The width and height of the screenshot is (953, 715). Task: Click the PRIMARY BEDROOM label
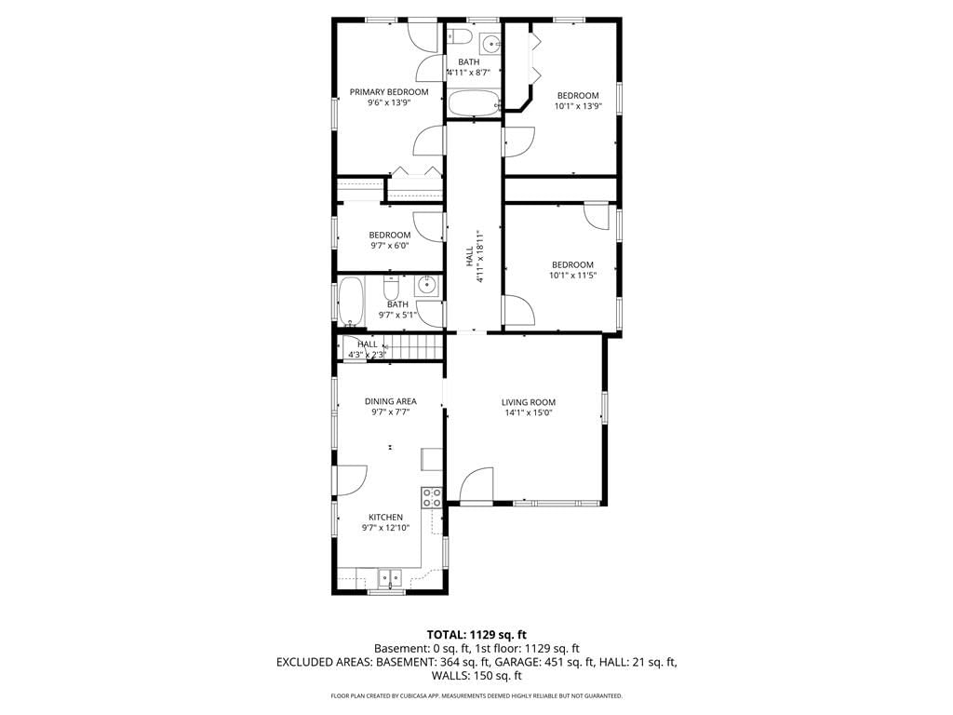point(389,92)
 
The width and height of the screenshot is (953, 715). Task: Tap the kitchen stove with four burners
point(432,498)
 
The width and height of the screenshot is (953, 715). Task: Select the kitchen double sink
point(390,577)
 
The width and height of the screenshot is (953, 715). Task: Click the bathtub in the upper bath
point(474,102)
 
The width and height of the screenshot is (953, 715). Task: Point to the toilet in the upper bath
point(460,36)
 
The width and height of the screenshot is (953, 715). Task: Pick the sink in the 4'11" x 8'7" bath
point(490,43)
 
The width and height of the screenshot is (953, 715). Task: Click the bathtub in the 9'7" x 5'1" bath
point(351,302)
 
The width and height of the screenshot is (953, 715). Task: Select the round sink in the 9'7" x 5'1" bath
point(427,284)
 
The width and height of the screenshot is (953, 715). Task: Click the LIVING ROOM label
point(529,402)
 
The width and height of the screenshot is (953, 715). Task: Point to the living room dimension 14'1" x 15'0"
point(529,412)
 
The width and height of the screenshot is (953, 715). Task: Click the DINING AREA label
point(390,401)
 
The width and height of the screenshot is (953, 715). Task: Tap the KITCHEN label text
point(385,517)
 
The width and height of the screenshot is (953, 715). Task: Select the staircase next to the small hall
point(414,347)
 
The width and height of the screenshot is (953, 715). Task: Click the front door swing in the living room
point(476,484)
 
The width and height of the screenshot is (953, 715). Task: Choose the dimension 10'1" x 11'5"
point(572,276)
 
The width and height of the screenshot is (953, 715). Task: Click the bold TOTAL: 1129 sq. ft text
point(476,635)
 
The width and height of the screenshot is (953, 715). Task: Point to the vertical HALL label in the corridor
point(470,256)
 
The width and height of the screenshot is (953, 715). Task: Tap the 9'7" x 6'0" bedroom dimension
point(390,246)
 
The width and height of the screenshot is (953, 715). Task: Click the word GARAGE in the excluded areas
point(516,662)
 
